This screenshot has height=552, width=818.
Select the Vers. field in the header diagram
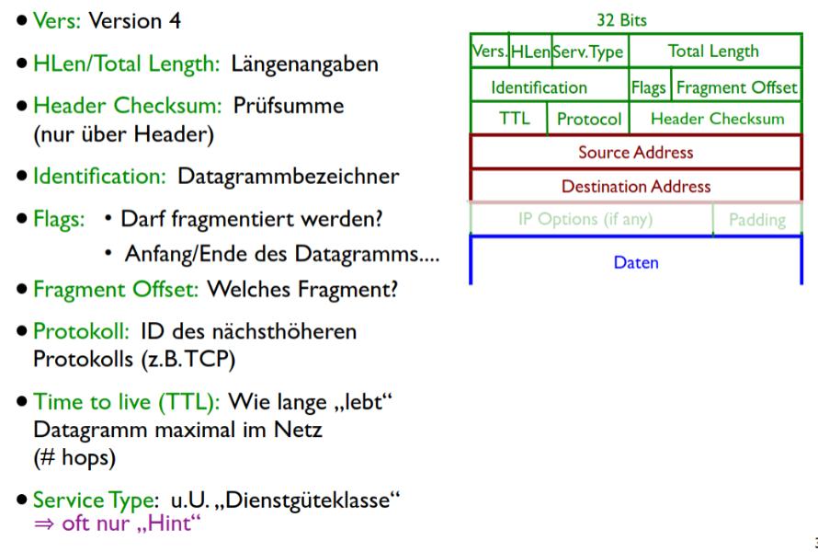(x=489, y=52)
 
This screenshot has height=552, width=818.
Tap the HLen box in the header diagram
(x=529, y=52)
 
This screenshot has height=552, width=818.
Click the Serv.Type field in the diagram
(x=588, y=52)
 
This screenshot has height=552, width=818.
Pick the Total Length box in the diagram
(x=713, y=52)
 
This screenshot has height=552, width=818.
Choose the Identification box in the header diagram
(x=539, y=87)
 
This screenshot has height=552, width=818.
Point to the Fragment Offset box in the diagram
(x=736, y=87)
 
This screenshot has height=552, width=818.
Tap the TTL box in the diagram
(x=508, y=119)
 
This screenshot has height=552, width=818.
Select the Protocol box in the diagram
(x=589, y=119)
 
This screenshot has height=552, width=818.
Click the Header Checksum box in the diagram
(x=717, y=119)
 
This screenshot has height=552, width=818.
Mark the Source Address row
(x=635, y=152)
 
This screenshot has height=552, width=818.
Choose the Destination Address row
(x=635, y=186)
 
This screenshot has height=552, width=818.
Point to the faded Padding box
(x=757, y=220)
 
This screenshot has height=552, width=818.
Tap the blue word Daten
(x=636, y=262)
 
